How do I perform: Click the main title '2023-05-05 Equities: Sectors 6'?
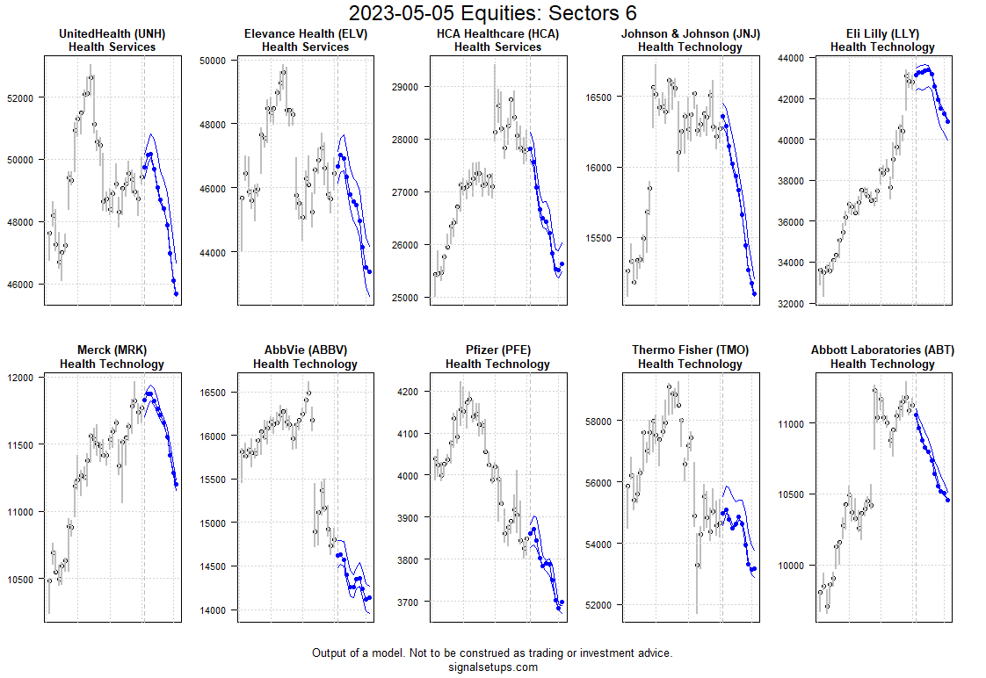[492, 13]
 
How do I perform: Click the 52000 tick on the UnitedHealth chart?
[19, 97]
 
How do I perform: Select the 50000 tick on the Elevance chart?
[213, 61]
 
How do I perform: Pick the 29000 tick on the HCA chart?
[405, 87]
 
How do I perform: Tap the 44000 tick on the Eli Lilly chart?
[791, 58]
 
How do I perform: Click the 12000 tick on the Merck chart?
[19, 378]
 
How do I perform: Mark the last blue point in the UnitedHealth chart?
[177, 294]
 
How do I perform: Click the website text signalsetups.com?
[492, 667]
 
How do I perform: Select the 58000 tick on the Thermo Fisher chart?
[598, 422]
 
